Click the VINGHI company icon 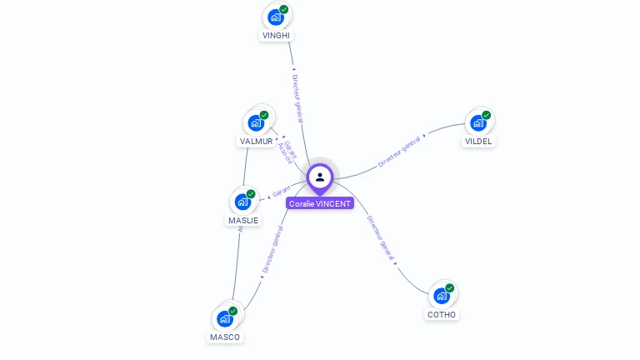pos(275,17)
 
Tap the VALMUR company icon pos(256,122)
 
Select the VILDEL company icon pos(477,122)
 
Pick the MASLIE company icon pos(242,201)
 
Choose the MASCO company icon pos(224,318)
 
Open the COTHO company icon pos(441,295)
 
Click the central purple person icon pos(320,177)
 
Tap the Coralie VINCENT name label pos(320,203)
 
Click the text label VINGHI pos(277,36)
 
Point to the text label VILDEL pos(478,142)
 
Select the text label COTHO pos(442,315)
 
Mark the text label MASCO pos(225,337)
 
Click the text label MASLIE pos(243,221)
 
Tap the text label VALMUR pos(256,142)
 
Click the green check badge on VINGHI pos(284,9)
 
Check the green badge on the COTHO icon pos(450,287)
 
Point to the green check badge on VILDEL pos(487,115)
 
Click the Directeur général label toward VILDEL pos(399,151)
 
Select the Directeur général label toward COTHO pos(380,238)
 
